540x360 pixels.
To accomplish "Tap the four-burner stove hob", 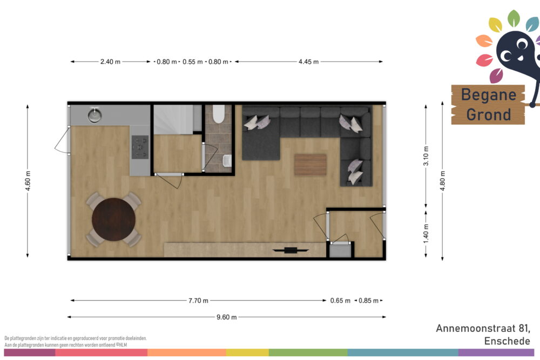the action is pos(140,147).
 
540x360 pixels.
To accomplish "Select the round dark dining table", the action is pos(113,219).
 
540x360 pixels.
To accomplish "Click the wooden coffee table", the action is pos(310,165).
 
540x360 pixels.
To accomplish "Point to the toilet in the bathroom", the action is pos(218,114).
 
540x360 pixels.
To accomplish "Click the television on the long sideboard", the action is pos(291,250).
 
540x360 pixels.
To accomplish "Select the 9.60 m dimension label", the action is pos(227,317).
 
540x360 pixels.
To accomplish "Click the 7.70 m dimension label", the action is pos(198,301).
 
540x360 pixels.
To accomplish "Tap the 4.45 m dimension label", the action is pos(308,62).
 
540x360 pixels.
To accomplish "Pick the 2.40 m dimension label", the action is pos(110,62).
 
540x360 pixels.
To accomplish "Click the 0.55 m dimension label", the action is pos(193,62).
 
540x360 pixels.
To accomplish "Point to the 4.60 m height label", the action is pos(28,181).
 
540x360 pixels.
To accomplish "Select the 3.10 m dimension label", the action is pos(426,156).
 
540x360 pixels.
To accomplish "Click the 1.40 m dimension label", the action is pos(426,234).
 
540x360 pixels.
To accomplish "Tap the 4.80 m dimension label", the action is pos(443,181).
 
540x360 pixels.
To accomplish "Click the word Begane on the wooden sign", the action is pos(489,94).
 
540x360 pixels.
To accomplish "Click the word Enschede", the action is pos(507,341).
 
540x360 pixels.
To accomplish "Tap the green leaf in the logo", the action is pos(514,18).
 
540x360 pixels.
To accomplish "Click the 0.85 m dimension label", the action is pos(368,301).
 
